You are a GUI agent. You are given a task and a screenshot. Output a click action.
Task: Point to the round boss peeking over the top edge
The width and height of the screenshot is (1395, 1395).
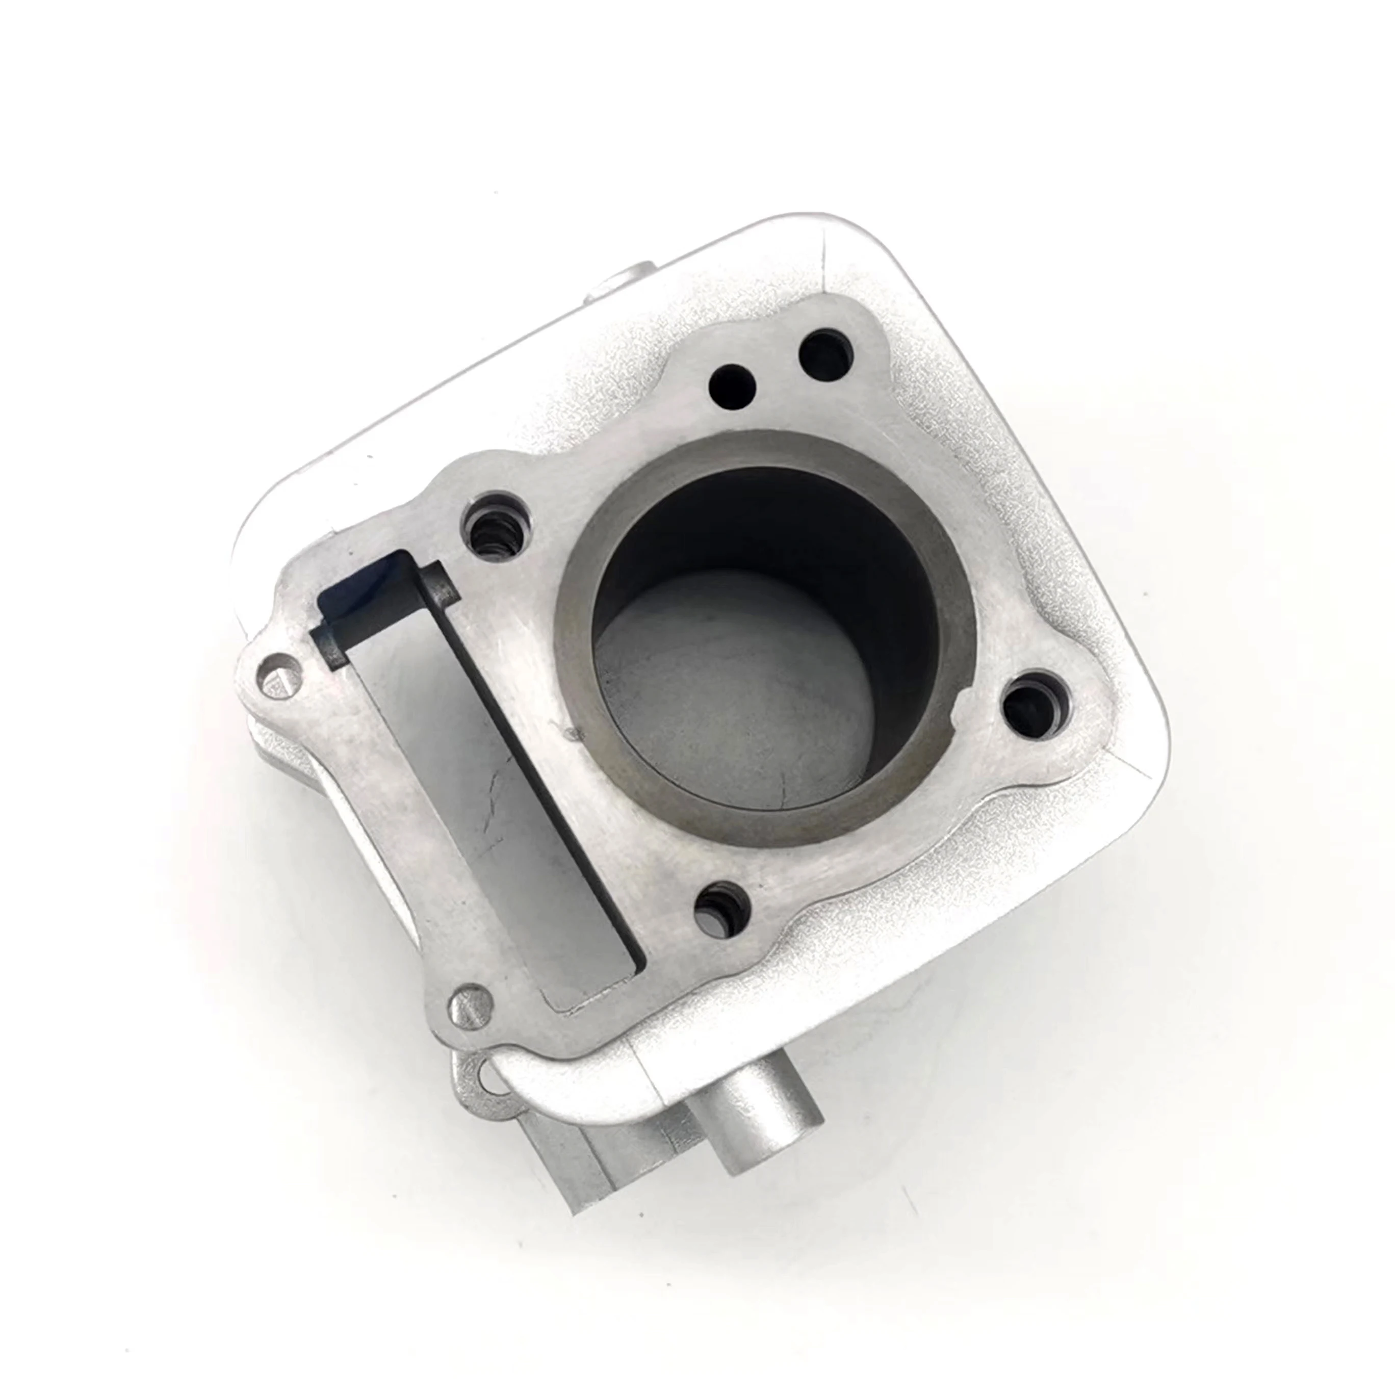627,281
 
